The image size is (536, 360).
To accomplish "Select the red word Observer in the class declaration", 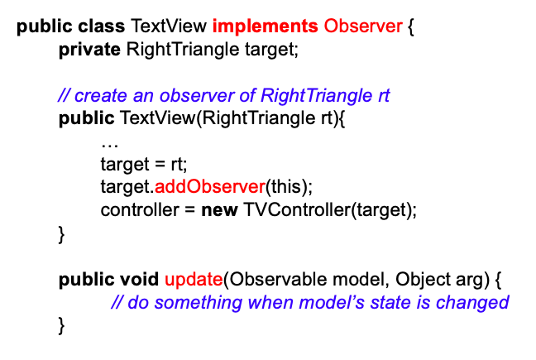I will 363,26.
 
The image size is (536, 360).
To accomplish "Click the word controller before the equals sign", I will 139,209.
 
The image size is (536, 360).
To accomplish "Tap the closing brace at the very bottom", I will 61,326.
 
